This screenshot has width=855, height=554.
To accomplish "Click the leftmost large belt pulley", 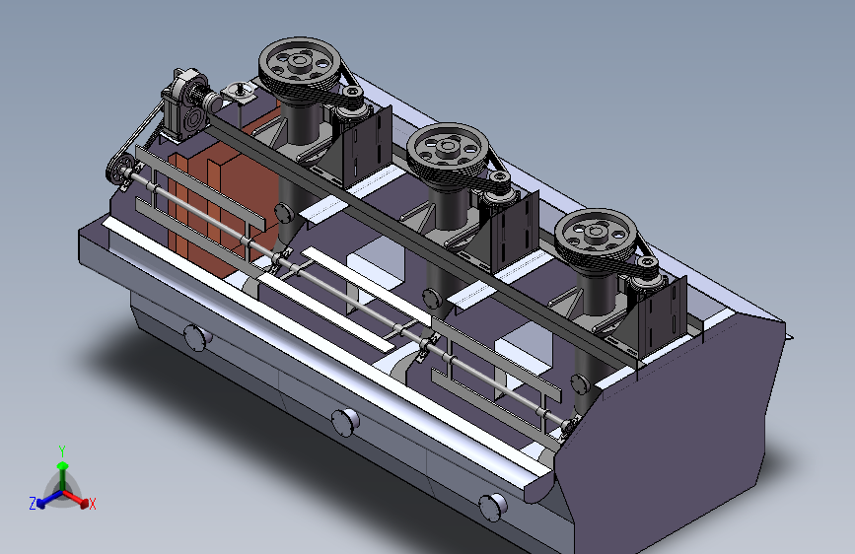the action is (300, 66).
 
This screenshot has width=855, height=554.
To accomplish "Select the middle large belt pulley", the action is (448, 152).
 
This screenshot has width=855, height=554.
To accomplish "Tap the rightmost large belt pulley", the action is (596, 237).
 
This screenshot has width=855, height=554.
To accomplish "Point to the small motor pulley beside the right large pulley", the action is (647, 266).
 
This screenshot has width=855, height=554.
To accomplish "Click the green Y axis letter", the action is (62, 451).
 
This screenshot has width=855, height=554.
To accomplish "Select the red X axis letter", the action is (92, 505).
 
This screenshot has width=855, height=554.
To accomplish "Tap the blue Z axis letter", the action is (33, 504).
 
